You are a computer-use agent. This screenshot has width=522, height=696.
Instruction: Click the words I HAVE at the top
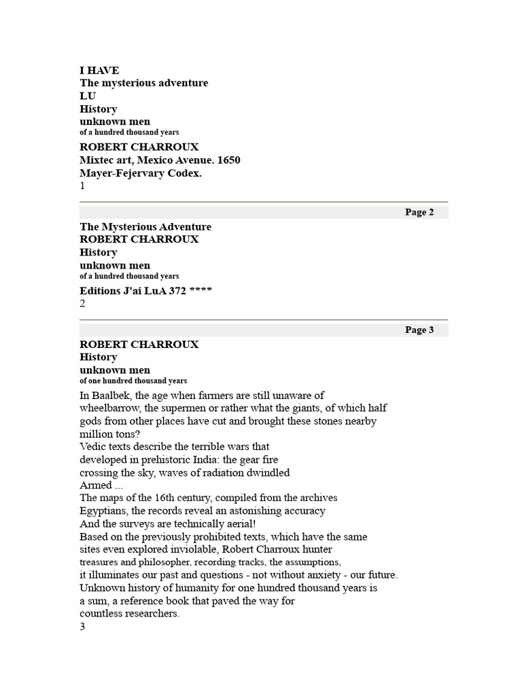coord(99,70)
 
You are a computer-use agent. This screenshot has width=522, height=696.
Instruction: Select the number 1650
coord(228,160)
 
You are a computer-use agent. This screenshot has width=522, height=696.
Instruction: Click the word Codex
coord(187,173)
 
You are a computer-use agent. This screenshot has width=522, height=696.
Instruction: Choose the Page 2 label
coord(419,212)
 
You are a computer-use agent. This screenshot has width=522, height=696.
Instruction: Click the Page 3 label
coord(419,330)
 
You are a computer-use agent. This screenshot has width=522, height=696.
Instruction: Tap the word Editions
coord(101,291)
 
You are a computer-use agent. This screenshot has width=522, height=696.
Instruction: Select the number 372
coord(179,291)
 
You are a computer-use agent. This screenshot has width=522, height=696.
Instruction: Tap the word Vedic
coord(94,447)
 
